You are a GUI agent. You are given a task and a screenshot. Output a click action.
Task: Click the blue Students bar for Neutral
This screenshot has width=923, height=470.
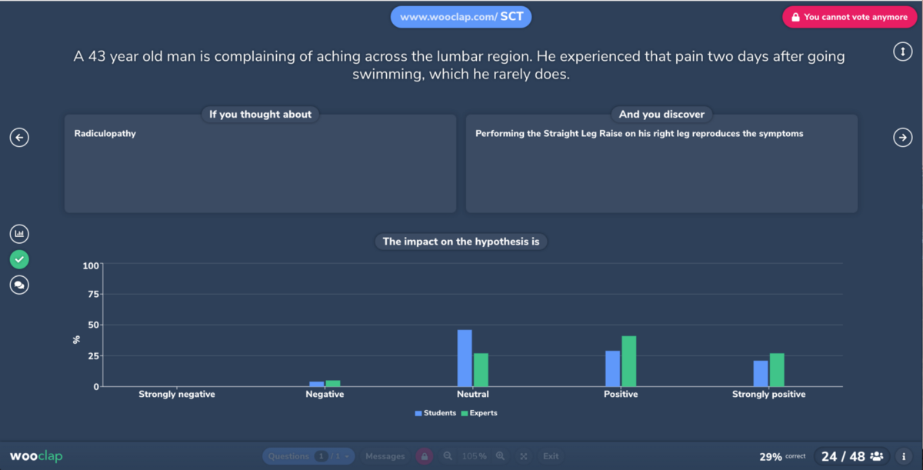click(x=465, y=358)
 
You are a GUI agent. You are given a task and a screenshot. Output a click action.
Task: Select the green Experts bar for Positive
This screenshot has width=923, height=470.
click(x=628, y=362)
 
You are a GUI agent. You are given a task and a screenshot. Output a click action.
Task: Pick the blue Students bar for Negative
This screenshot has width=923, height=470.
click(x=317, y=384)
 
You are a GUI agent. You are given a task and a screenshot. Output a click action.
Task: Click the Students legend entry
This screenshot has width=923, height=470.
click(x=435, y=413)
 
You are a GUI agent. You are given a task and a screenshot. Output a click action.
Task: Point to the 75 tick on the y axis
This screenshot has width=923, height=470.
click(x=92, y=294)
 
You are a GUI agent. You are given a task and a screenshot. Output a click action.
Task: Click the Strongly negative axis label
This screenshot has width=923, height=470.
click(x=177, y=395)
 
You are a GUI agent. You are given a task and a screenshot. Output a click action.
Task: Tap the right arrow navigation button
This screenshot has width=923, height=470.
click(x=902, y=137)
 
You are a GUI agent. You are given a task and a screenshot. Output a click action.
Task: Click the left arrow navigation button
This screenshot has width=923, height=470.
click(x=19, y=137)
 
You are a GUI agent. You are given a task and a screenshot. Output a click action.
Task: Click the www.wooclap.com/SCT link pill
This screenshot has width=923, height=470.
click(x=461, y=17)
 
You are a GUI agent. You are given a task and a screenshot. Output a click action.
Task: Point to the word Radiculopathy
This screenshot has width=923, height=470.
click(x=105, y=134)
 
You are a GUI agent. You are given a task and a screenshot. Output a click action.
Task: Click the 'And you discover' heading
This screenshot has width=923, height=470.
click(x=661, y=115)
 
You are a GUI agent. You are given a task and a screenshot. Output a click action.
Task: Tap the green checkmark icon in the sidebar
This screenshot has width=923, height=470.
click(x=19, y=259)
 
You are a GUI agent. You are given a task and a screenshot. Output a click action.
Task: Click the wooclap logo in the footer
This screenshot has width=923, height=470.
click(x=36, y=456)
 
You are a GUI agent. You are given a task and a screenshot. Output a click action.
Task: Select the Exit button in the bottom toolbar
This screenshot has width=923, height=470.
click(x=551, y=456)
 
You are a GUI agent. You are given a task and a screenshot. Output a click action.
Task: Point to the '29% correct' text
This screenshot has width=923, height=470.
click(x=782, y=457)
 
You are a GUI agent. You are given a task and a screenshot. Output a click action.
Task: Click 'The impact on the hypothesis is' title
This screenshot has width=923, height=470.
click(x=461, y=242)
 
